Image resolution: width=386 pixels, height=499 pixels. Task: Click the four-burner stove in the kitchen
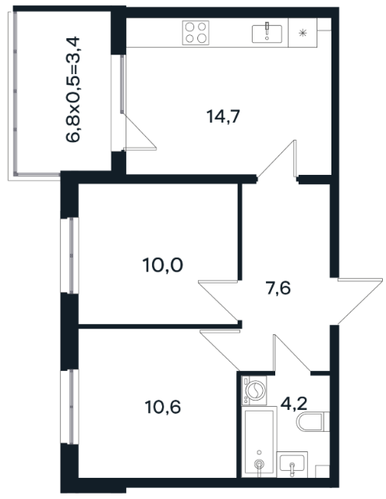[x=196, y=33]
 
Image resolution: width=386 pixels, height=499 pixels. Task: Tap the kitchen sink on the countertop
[x=267, y=34]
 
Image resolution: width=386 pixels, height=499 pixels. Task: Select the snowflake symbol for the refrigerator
[x=303, y=33]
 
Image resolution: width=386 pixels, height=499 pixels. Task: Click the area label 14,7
[x=223, y=116]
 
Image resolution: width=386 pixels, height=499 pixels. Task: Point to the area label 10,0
[x=163, y=265]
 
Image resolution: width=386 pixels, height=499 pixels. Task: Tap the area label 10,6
[x=163, y=407]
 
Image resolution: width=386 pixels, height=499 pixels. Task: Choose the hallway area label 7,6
[x=278, y=289]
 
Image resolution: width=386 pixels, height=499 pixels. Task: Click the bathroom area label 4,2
[x=294, y=404]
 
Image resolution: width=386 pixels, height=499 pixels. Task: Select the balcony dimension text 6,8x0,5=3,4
[x=73, y=90]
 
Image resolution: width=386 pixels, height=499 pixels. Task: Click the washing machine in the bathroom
[x=254, y=390]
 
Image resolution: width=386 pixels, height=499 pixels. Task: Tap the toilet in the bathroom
[x=313, y=422]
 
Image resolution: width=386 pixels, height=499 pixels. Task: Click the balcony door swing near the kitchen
[x=140, y=132]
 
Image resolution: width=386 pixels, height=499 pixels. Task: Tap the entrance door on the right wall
[x=360, y=301]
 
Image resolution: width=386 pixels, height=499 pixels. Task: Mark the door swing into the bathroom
[x=292, y=354]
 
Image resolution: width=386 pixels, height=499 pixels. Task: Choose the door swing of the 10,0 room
[x=218, y=300]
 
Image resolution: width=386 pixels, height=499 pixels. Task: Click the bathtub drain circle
[x=260, y=465]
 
